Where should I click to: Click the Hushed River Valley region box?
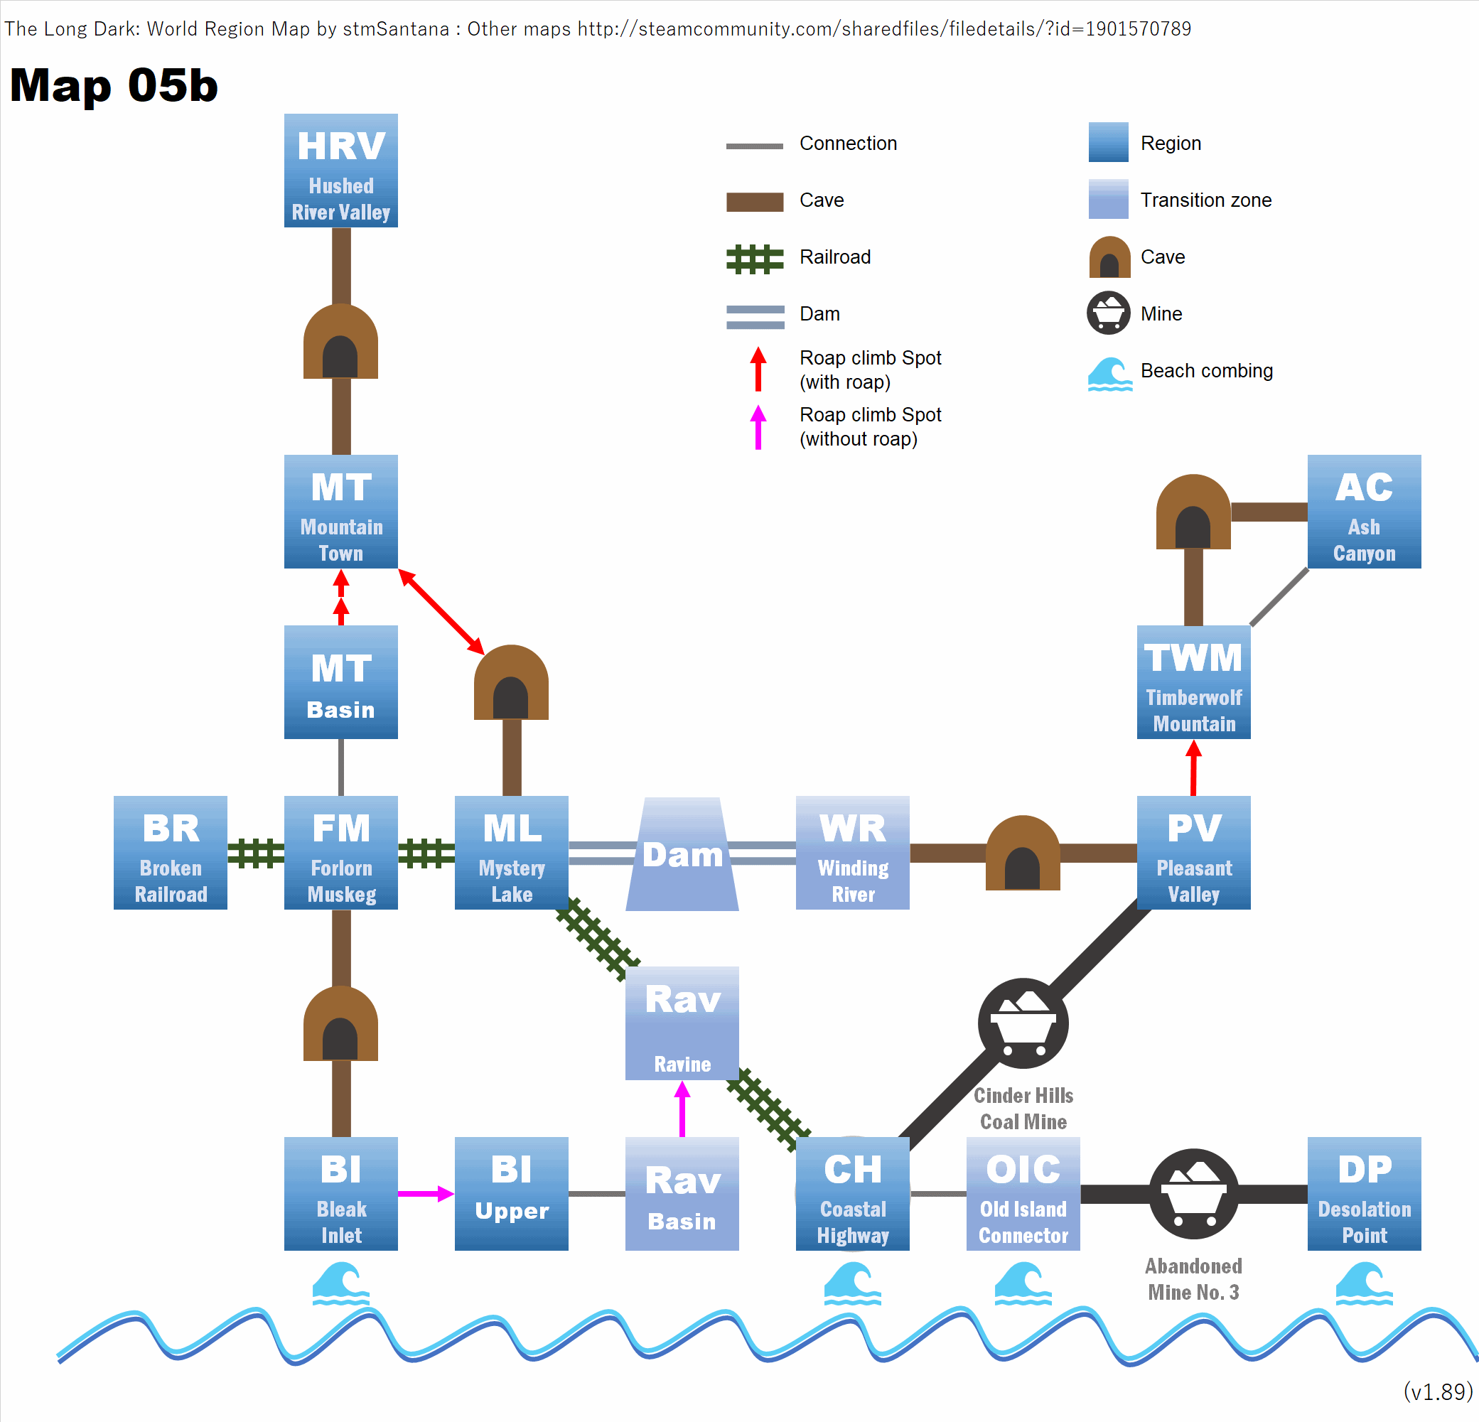point(341,171)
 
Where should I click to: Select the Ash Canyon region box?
point(1364,512)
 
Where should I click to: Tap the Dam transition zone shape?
point(682,854)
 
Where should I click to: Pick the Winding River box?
point(853,853)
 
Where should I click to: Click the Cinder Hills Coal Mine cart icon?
point(1023,1023)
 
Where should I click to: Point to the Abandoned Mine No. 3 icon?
point(1194,1193)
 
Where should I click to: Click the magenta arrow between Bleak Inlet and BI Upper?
point(426,1193)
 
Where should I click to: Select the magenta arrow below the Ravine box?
point(682,1108)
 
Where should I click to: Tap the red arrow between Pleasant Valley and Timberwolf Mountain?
point(1194,767)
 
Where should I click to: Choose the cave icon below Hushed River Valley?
point(341,342)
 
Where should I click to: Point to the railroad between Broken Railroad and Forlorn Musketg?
point(256,853)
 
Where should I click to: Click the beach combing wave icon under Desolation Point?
point(1364,1285)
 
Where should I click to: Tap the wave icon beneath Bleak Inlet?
point(341,1285)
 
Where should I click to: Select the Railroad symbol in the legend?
point(755,259)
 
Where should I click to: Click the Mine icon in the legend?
point(1109,313)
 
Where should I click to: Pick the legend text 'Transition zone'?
point(1205,200)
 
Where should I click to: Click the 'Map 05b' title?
point(114,85)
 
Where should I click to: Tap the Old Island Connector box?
point(1023,1193)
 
